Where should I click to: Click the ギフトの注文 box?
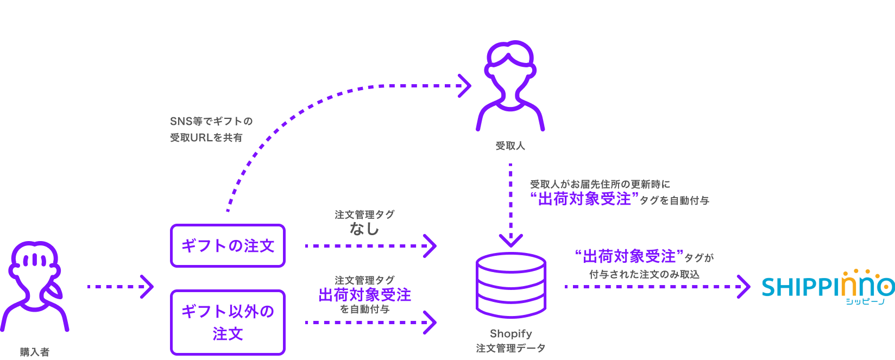(228, 246)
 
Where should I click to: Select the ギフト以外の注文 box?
(228, 323)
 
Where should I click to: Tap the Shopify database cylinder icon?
(511, 285)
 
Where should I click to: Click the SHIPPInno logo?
(828, 287)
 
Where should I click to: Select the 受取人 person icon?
(510, 87)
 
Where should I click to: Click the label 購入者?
(35, 352)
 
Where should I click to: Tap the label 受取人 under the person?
(510, 146)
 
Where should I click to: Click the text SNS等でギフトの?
(211, 121)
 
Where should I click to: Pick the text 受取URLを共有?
(206, 138)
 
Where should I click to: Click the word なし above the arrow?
(364, 229)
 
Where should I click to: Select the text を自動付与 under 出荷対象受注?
(364, 310)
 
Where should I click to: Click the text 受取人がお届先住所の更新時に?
(600, 185)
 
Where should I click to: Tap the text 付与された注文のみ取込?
(644, 275)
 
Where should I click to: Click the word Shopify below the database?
(511, 333)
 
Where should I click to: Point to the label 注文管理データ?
(511, 348)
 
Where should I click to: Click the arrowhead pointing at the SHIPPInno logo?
(743, 287)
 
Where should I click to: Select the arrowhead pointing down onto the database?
(511, 241)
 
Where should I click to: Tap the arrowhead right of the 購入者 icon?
(147, 287)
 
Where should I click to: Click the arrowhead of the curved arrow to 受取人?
(465, 86)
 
